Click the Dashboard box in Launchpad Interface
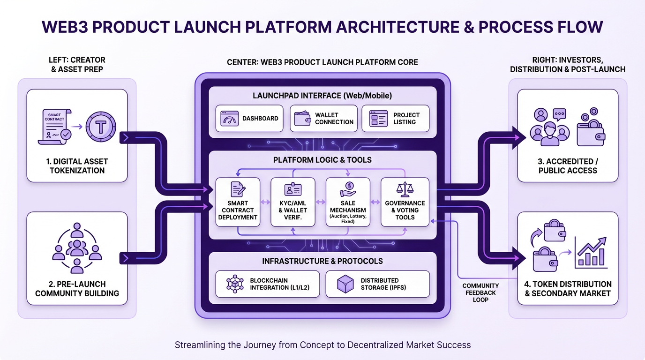(249, 119)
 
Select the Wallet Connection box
(322, 119)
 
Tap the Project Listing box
(395, 119)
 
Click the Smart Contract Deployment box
(238, 202)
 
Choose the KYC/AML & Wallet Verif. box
(293, 202)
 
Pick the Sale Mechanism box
(348, 202)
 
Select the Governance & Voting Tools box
(405, 202)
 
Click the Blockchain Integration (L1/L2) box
(268, 284)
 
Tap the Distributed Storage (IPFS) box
(377, 284)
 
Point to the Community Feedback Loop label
(480, 292)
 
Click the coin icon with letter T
(101, 126)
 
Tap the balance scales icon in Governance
(405, 189)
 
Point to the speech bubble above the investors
(559, 114)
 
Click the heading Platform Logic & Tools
(322, 160)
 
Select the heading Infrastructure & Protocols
(322, 261)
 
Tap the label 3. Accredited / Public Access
(568, 166)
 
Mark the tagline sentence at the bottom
(322, 345)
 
